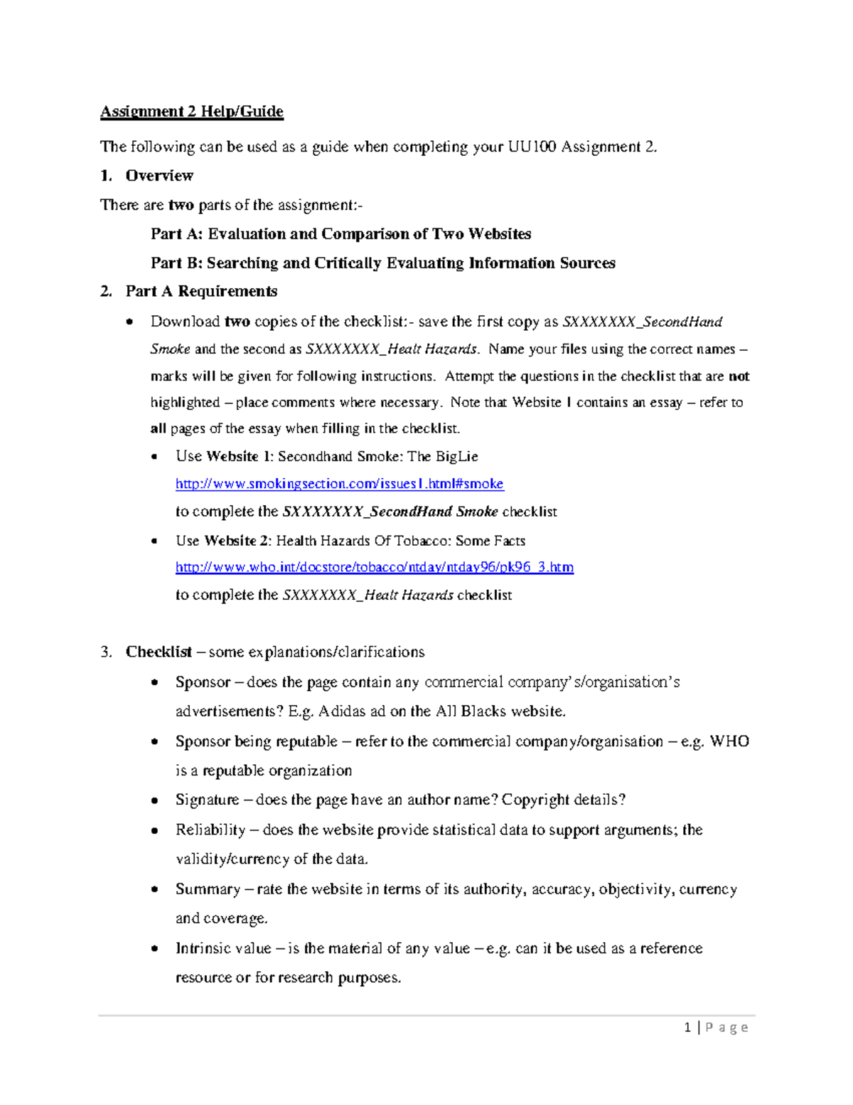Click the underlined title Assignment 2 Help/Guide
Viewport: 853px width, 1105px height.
191,112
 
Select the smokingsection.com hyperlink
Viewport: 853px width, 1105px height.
339,484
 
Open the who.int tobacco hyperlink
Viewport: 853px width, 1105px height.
374,567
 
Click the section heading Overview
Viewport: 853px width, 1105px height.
159,176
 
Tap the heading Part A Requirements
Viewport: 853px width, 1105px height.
201,291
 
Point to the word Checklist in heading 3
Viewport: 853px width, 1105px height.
159,652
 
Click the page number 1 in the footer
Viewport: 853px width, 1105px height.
687,1027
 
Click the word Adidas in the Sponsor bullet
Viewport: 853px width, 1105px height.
343,711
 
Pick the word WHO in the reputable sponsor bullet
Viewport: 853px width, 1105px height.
729,741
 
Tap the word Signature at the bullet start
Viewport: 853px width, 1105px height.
207,800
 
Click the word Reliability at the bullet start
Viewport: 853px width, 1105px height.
210,830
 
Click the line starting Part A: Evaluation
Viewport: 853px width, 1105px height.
340,234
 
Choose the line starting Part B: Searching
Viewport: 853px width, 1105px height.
382,263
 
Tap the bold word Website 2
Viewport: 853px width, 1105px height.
237,541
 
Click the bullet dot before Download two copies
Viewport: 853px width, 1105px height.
129,322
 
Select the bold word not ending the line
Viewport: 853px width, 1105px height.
739,376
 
